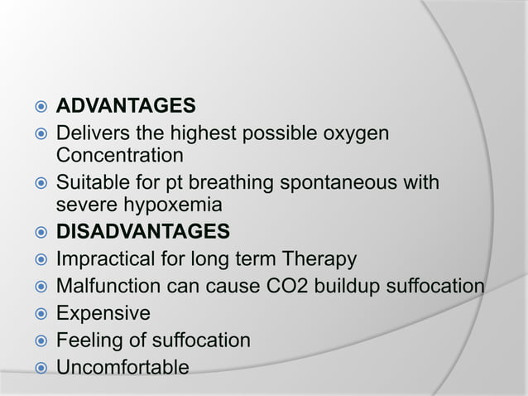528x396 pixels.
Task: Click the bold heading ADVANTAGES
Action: [125, 107]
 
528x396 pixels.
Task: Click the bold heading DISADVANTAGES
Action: [142, 229]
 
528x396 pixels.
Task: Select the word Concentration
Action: [119, 155]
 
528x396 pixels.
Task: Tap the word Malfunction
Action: [105, 287]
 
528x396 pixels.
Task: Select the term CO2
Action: [279, 287]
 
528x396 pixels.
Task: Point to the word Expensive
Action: [103, 313]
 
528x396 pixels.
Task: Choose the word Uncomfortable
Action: [122, 366]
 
